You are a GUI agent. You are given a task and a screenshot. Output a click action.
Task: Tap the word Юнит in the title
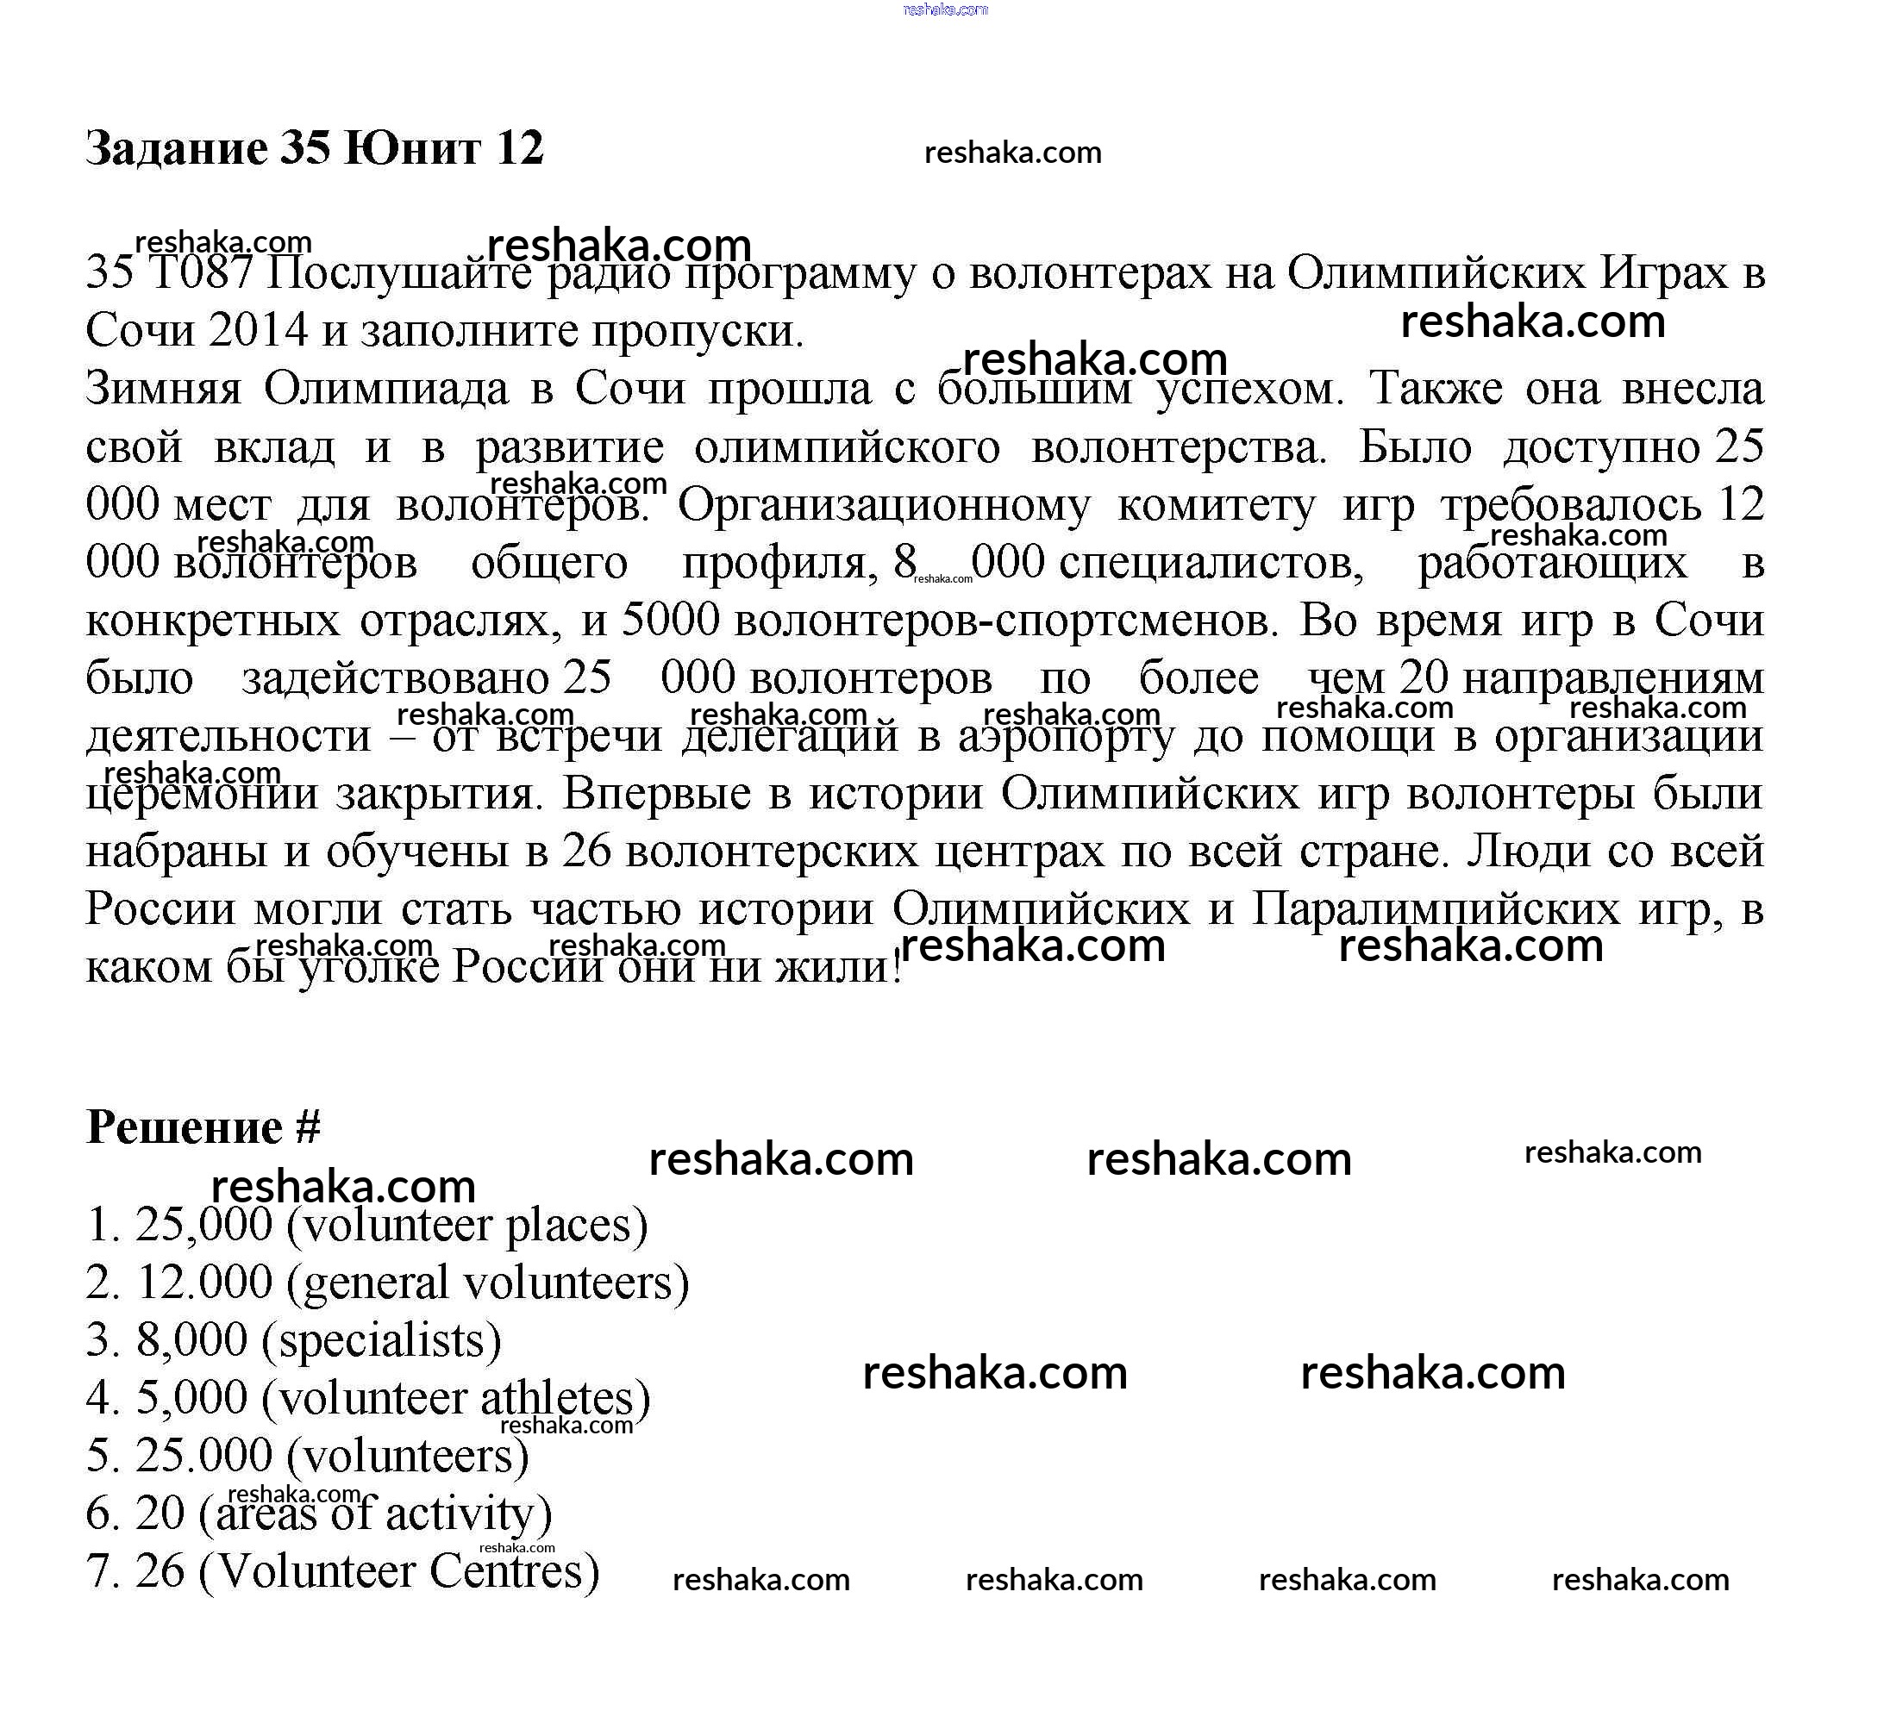coord(412,148)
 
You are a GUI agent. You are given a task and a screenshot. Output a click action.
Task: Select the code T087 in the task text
coord(201,272)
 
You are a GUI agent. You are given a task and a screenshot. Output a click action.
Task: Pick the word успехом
coord(1248,388)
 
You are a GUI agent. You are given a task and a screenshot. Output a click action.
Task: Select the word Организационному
coord(883,504)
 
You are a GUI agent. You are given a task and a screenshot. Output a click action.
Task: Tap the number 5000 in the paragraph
coord(670,620)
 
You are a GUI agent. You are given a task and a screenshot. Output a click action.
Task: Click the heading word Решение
coord(185,1127)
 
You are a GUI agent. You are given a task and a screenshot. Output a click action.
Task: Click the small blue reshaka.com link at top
coord(945,9)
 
